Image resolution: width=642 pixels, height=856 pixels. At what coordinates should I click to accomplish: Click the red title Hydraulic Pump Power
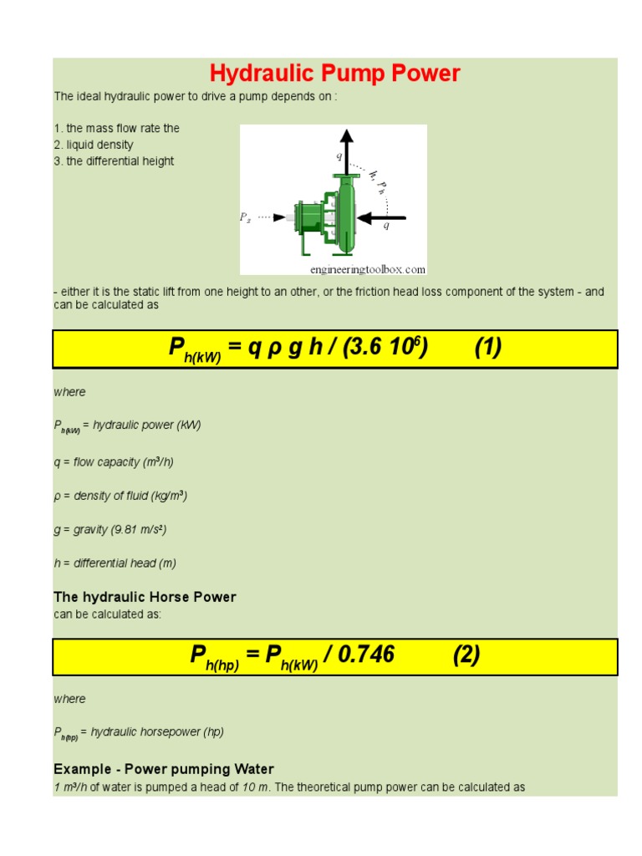click(x=334, y=74)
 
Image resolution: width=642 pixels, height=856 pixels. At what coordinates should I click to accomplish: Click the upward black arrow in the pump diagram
click(x=347, y=151)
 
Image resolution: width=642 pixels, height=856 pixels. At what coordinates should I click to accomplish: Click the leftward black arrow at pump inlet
click(x=382, y=218)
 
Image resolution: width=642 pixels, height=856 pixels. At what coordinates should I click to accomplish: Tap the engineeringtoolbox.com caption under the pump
click(x=368, y=269)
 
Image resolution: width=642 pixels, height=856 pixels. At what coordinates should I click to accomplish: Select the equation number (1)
click(x=488, y=348)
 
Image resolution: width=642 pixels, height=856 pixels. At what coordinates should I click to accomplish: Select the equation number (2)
click(x=466, y=655)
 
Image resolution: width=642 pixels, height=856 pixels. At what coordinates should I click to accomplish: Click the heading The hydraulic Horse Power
click(x=145, y=597)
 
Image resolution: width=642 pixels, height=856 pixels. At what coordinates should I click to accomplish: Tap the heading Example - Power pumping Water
click(x=164, y=769)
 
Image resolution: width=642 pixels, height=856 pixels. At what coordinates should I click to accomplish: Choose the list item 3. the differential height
click(x=114, y=161)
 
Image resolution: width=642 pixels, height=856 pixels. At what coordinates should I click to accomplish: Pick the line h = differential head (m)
click(x=115, y=563)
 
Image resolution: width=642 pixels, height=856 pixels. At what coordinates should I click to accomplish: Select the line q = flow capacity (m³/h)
click(x=114, y=462)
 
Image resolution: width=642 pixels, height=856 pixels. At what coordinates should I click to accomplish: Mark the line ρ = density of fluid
click(x=120, y=496)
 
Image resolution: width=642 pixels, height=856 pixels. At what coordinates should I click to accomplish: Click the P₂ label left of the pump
click(x=245, y=217)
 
